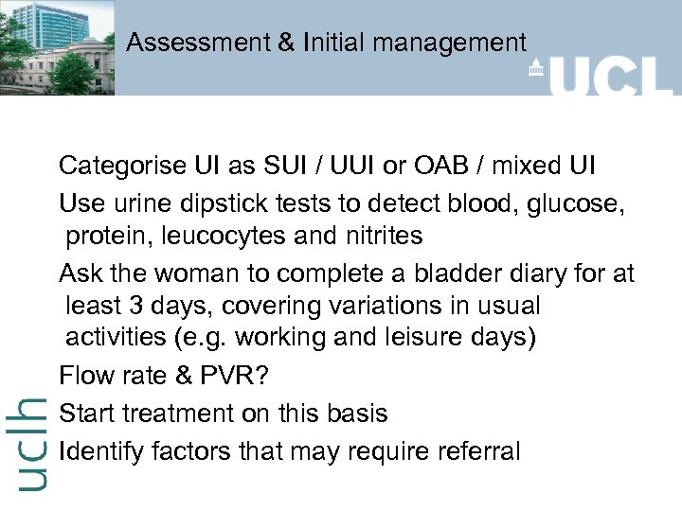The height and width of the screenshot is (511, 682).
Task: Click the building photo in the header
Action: pos(57,47)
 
